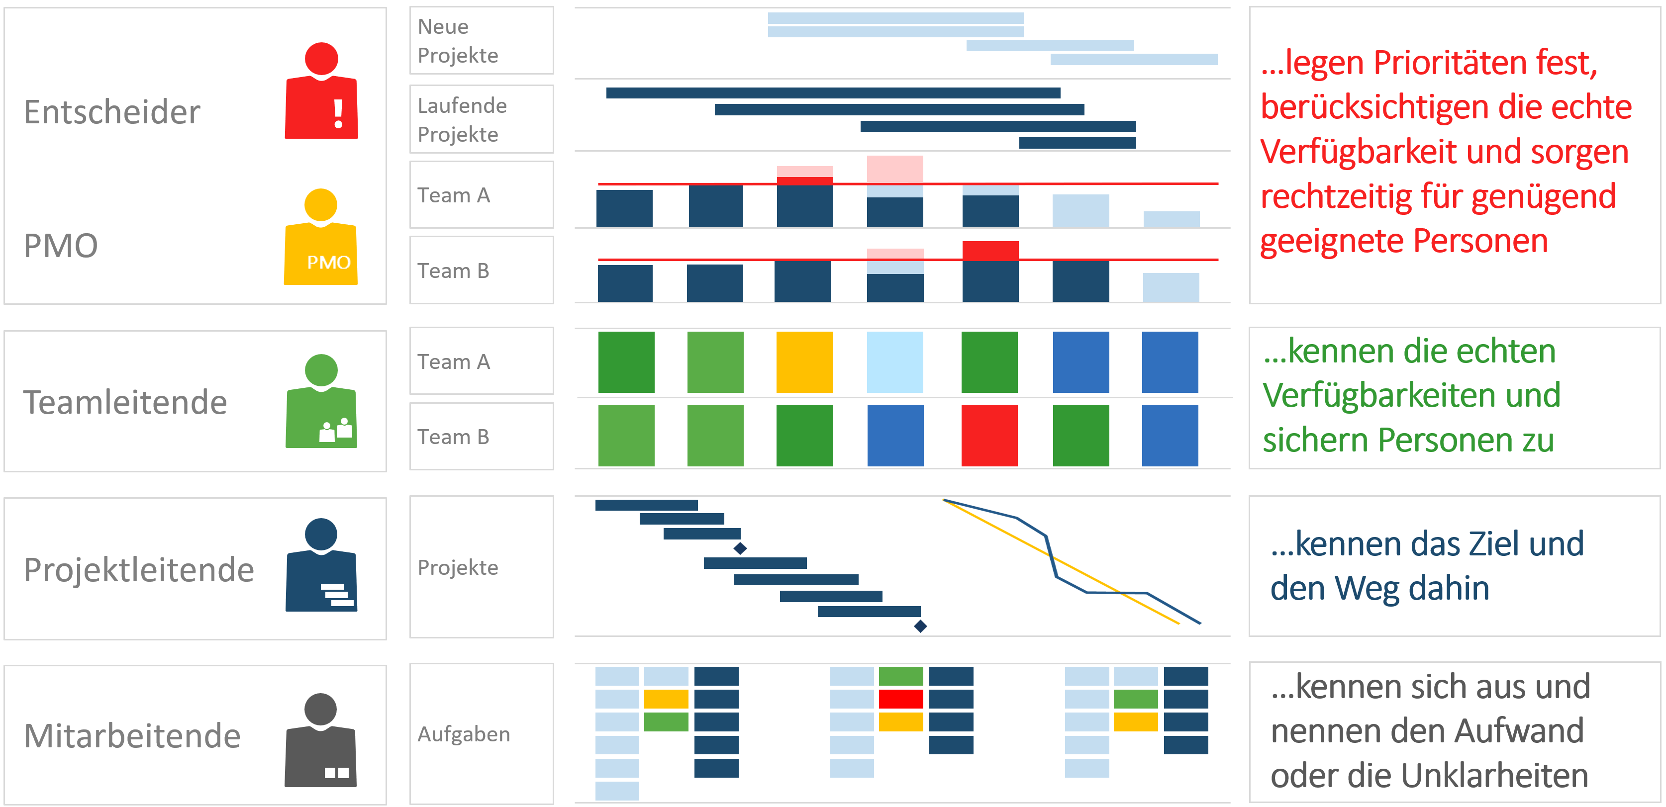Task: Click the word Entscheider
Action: (112, 112)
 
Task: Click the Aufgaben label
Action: (464, 734)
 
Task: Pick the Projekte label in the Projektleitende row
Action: (458, 567)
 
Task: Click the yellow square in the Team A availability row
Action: (804, 362)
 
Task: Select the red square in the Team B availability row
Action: (989, 435)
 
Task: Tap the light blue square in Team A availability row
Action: (894, 362)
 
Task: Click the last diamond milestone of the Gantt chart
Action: (920, 626)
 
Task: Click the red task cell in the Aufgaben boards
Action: (900, 699)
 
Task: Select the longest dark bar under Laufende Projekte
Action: (832, 93)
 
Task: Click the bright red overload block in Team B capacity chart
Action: (989, 250)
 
